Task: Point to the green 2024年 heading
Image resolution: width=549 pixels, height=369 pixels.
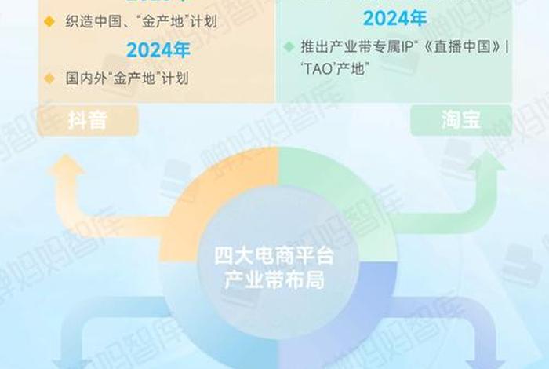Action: click(x=394, y=17)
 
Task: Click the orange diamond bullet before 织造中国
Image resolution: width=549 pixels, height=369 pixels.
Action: click(x=49, y=20)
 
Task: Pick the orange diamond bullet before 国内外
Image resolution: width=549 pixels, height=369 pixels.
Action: click(x=49, y=79)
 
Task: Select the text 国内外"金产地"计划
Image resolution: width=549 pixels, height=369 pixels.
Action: click(x=127, y=79)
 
